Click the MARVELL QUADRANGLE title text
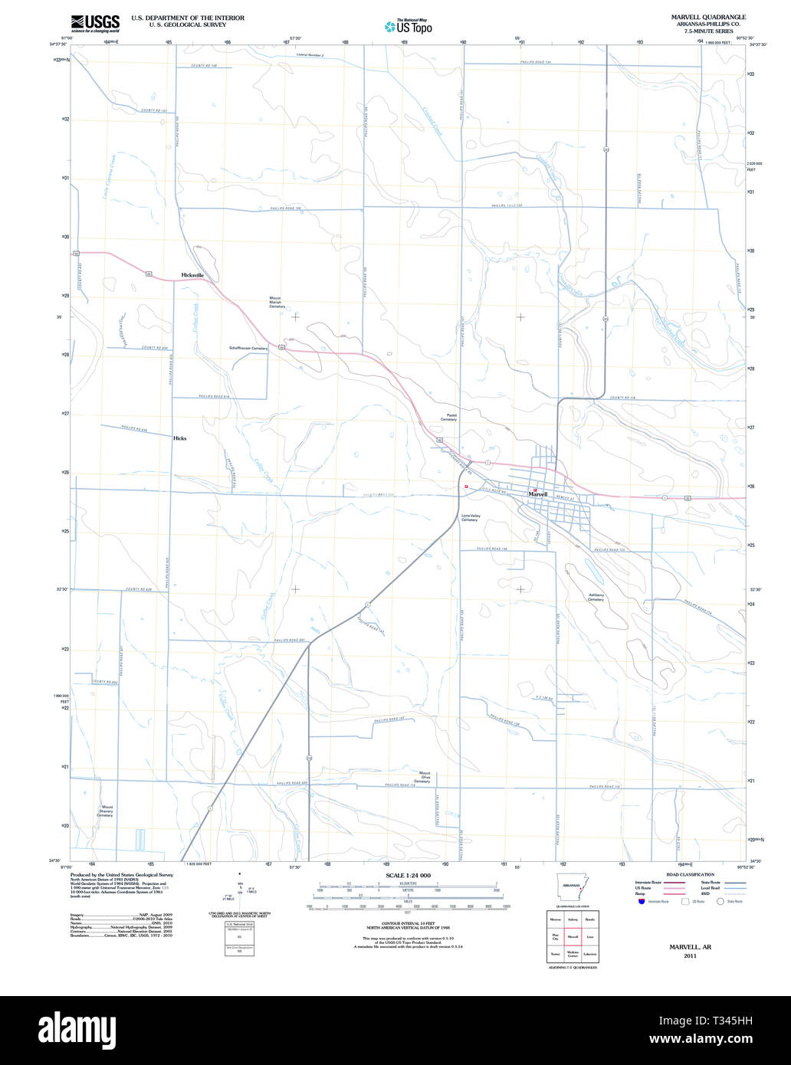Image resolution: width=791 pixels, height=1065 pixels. [708, 17]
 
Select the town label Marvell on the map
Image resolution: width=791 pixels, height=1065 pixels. [538, 495]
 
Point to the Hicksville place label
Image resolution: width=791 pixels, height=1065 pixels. [192, 274]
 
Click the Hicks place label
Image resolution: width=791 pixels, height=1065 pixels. [180, 438]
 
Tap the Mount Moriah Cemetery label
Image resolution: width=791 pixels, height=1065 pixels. [276, 302]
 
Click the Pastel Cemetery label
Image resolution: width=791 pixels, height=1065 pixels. [448, 418]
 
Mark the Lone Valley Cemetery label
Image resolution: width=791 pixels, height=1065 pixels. [470, 518]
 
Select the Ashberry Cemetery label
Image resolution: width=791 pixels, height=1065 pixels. [596, 597]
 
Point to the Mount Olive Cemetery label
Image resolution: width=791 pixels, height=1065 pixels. [424, 777]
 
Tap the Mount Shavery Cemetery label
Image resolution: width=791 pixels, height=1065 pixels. [105, 811]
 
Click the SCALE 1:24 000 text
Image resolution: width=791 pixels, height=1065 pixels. [408, 875]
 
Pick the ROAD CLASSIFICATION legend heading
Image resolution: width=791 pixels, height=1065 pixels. [690, 874]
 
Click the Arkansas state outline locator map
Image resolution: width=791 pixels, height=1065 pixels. [572, 888]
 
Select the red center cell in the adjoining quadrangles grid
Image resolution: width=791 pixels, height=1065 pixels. [572, 936]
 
